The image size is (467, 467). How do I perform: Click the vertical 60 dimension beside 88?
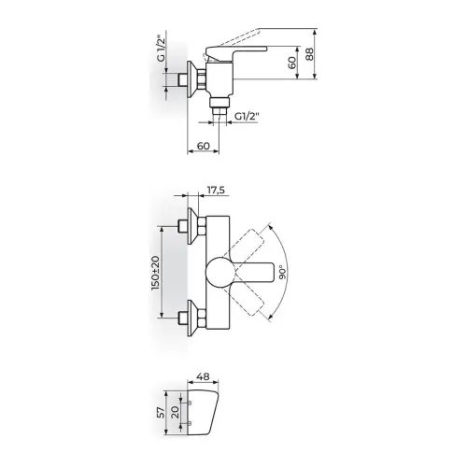point(292,63)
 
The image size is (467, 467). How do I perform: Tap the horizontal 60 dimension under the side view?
point(204,146)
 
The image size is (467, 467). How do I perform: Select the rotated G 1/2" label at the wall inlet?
point(161,50)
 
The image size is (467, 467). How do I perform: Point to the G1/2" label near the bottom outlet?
point(247,117)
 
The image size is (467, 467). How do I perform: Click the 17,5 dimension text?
point(216,190)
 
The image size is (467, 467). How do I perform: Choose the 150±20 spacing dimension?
point(155,273)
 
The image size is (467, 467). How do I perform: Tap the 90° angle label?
point(282,273)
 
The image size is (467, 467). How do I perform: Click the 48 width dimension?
point(203,376)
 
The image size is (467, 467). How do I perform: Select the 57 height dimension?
point(161,412)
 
